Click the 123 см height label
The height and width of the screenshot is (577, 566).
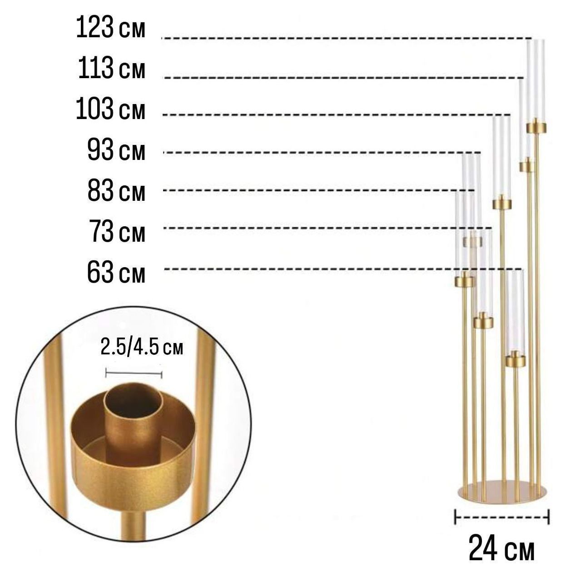pos(110,28)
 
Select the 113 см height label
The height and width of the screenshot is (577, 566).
pos(112,68)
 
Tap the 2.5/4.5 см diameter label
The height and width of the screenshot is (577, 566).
pos(142,348)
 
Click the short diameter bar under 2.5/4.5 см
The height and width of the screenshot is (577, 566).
pos(134,374)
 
